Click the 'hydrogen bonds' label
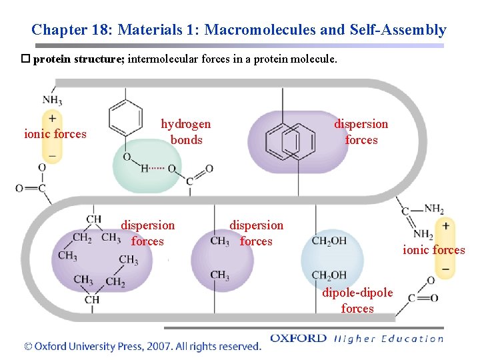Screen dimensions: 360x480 [186, 132]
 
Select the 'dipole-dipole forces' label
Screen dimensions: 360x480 [357, 300]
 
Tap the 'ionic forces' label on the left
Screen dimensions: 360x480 [55, 134]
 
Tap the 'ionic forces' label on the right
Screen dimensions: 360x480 [434, 250]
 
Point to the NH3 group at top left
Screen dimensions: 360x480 [52, 101]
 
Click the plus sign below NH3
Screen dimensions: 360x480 [51, 118]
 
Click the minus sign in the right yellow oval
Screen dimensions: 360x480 [445, 269]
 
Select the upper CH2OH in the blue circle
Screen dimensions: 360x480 [329, 241]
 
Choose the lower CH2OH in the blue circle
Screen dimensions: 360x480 [329, 275]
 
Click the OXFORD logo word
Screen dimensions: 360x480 [298, 338]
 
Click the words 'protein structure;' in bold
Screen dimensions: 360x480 [79, 59]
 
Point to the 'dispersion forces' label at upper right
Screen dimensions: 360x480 [361, 132]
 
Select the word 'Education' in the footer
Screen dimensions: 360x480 [411, 338]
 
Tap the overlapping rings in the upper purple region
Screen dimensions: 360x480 [290, 141]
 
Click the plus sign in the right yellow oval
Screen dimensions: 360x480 [445, 225]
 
